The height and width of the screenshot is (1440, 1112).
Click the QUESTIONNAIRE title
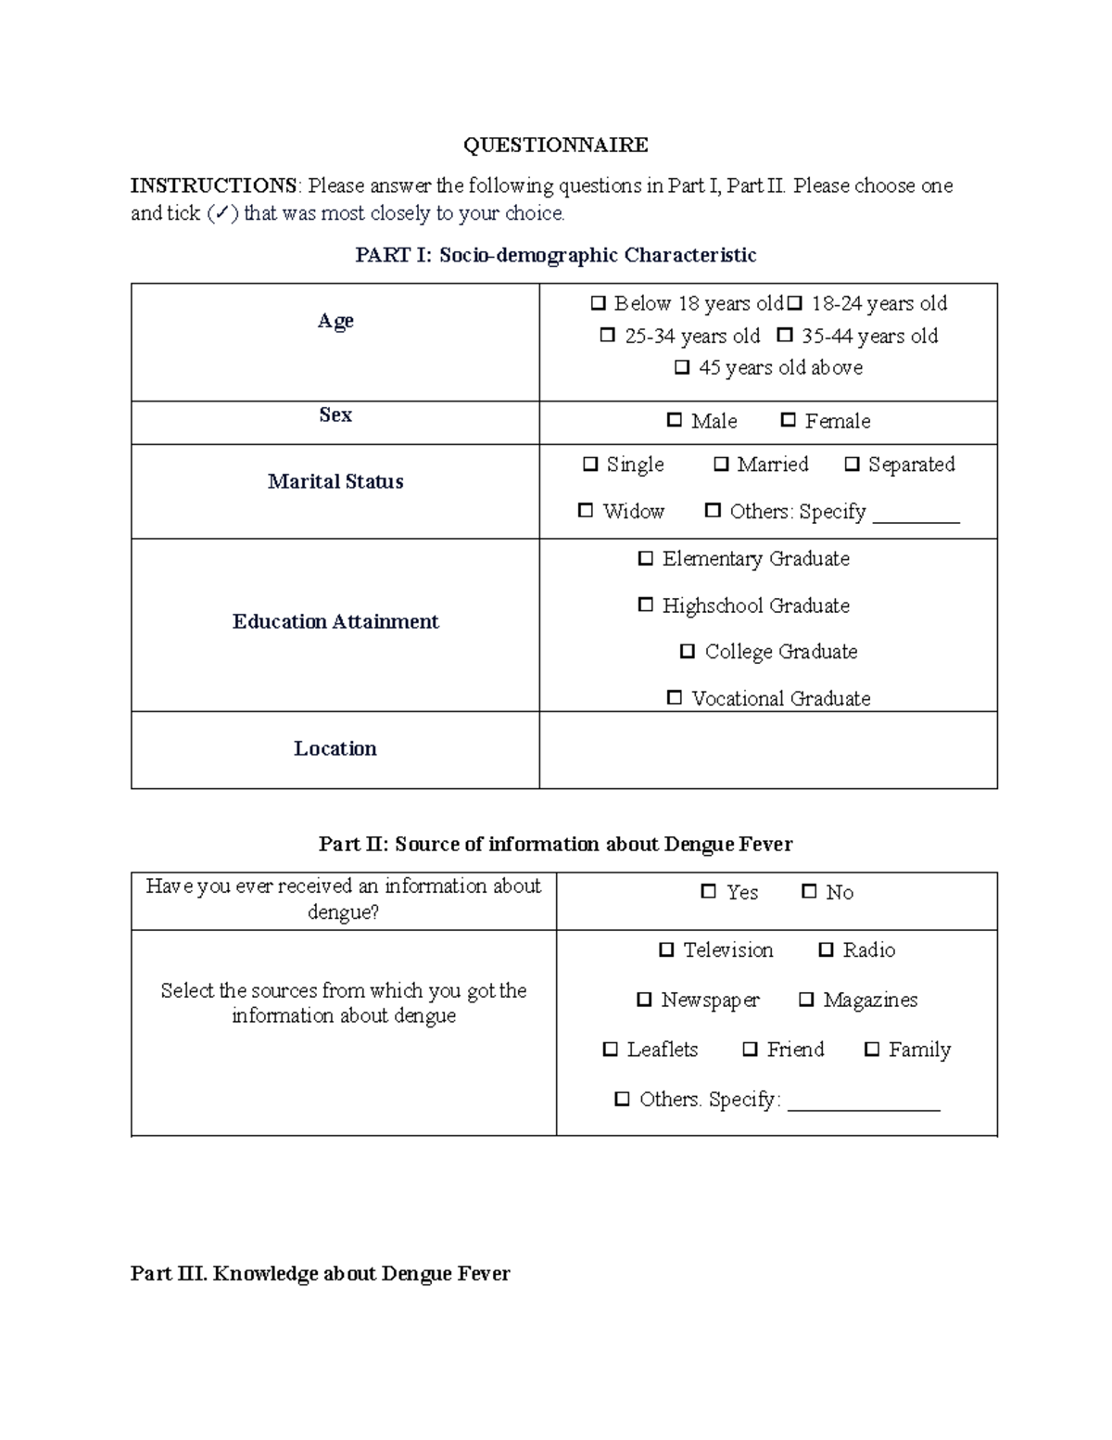555,145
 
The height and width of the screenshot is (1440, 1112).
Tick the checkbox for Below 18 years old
598,303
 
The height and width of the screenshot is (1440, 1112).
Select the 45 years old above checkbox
682,367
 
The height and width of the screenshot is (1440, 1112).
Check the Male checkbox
675,420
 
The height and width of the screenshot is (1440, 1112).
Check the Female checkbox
788,420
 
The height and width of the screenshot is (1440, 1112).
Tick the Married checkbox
721,465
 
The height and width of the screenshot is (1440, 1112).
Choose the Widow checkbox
586,511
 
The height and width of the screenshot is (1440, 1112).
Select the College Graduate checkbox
688,652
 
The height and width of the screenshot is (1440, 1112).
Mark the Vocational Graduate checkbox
675,697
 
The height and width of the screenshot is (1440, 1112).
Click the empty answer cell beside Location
767,749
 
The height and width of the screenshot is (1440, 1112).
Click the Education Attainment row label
335,621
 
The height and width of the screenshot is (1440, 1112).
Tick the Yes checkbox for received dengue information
709,892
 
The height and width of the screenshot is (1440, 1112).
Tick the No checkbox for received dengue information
809,892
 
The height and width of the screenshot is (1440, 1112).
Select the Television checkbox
666,949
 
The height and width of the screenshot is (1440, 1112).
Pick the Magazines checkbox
806,1000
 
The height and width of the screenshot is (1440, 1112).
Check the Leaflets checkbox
610,1050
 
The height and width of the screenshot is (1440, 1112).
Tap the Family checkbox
871,1050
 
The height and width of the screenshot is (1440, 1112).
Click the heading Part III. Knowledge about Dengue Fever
320,1273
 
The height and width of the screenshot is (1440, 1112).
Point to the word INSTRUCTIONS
213,185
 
